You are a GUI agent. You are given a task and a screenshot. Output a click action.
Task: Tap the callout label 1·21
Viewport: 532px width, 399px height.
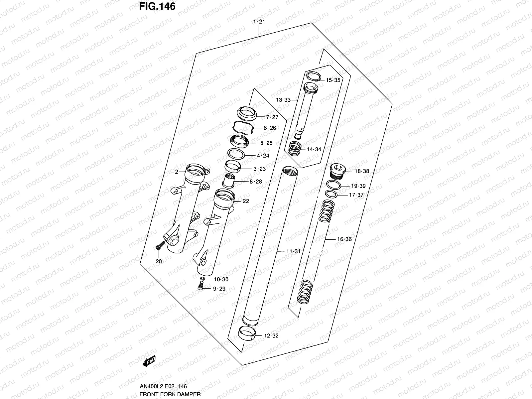coord(258,22)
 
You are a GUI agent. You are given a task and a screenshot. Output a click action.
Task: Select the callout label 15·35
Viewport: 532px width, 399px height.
coord(333,80)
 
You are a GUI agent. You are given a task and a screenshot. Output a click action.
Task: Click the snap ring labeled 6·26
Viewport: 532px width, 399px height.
coord(243,127)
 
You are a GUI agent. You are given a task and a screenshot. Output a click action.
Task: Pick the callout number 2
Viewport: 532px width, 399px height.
coord(177,172)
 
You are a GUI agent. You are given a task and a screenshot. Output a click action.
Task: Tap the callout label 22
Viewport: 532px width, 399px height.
coord(246,201)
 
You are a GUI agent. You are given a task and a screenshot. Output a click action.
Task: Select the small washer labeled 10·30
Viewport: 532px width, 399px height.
coord(202,278)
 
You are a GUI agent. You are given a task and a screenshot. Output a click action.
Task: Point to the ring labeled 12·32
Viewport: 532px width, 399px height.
coord(247,333)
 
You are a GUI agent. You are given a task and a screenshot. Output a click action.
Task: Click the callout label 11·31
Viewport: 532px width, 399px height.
coord(293,251)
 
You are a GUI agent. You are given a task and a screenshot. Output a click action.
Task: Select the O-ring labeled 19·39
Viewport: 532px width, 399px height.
coord(333,185)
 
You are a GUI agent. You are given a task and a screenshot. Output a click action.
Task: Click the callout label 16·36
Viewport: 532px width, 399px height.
coord(344,239)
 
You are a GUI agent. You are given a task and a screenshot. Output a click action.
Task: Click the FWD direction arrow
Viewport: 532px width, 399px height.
coord(149,361)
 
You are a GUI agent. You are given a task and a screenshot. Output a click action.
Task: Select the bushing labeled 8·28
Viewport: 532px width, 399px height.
coord(229,181)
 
